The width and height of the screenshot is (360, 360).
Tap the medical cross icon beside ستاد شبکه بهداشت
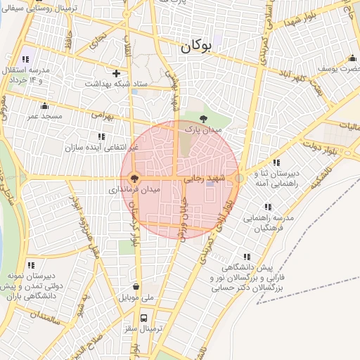(x=117, y=73)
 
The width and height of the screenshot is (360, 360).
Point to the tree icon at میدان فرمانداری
(x=135, y=179)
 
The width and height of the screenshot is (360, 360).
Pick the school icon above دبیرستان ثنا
(x=265, y=162)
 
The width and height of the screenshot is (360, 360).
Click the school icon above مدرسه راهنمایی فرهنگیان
(x=267, y=207)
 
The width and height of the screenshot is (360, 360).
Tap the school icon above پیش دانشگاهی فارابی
(x=245, y=258)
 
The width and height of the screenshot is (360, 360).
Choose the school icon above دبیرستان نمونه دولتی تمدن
(x=31, y=265)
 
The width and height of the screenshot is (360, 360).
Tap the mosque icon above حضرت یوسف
(x=352, y=58)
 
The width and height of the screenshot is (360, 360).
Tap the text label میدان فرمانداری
(x=135, y=190)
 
